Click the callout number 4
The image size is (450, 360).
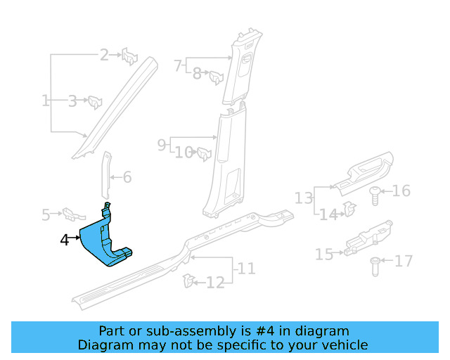65,240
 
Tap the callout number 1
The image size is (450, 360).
46,101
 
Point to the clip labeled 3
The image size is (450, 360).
95,102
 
